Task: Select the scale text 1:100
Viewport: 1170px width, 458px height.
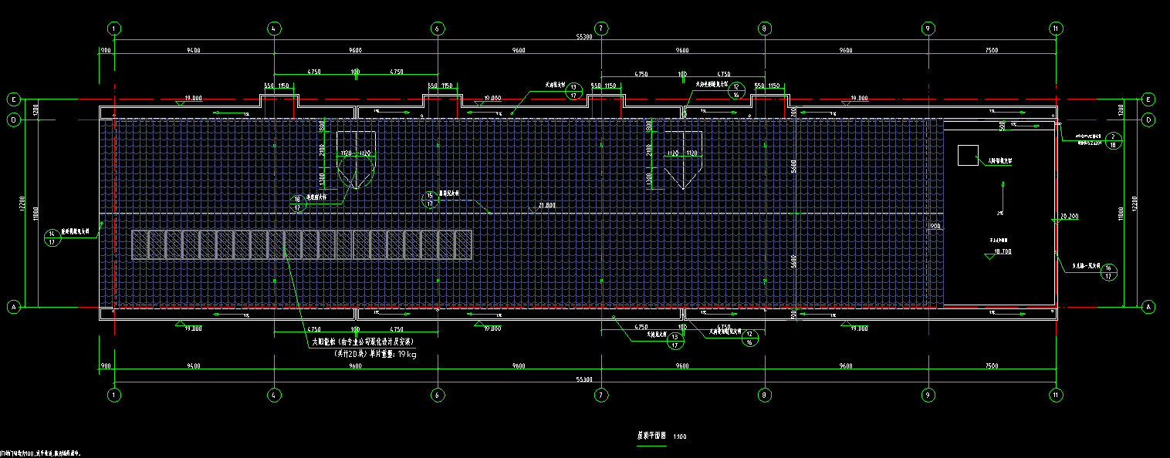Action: click(x=680, y=436)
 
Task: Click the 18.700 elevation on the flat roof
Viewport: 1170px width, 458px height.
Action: click(x=1003, y=251)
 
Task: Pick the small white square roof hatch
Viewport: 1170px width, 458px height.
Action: click(x=967, y=155)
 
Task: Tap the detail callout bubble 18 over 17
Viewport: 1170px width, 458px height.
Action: click(x=297, y=203)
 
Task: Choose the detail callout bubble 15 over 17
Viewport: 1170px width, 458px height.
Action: click(x=429, y=200)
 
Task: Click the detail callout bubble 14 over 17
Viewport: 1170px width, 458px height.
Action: click(x=52, y=237)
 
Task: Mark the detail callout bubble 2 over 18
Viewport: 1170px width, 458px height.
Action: click(x=1112, y=140)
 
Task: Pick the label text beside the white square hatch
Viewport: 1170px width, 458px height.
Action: click(x=999, y=161)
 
